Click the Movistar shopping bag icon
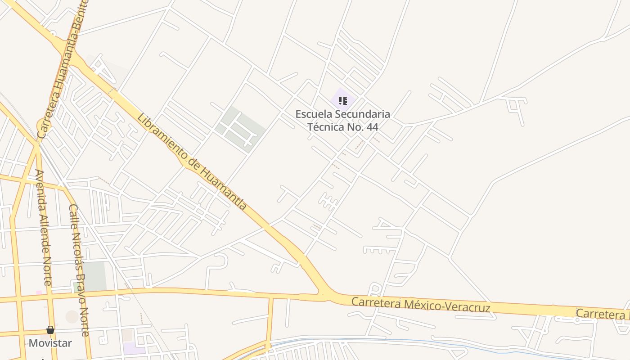point(50,330)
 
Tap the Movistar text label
point(50,343)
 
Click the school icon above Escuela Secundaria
point(343,101)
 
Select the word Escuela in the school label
point(313,114)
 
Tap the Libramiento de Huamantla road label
point(192,162)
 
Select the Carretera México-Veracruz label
point(420,305)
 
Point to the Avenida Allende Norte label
point(44,227)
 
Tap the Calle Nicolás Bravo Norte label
point(79,270)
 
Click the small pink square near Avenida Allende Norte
point(39,292)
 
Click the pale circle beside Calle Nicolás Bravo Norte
point(72,317)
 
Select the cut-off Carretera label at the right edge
point(603,314)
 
